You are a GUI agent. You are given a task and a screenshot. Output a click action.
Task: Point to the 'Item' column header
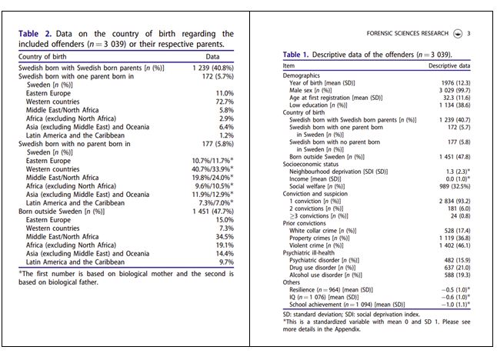(289, 65)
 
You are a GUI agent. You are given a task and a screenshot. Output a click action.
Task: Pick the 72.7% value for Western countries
(224, 101)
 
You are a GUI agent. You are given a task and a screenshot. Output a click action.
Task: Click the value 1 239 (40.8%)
(211, 68)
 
